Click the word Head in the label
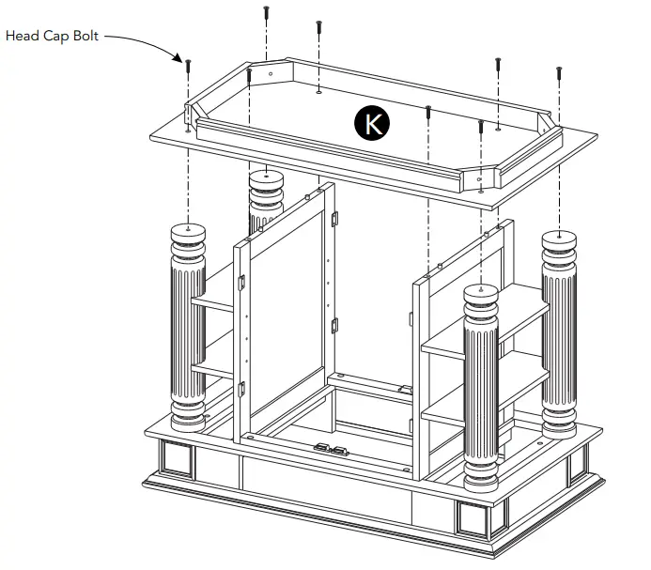(23, 37)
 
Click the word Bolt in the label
(83, 37)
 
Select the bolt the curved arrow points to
(189, 67)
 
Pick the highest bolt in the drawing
(267, 13)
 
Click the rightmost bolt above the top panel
(559, 73)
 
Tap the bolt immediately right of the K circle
(428, 114)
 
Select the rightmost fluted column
(559, 333)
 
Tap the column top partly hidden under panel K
(266, 177)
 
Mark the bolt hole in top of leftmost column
(189, 227)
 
